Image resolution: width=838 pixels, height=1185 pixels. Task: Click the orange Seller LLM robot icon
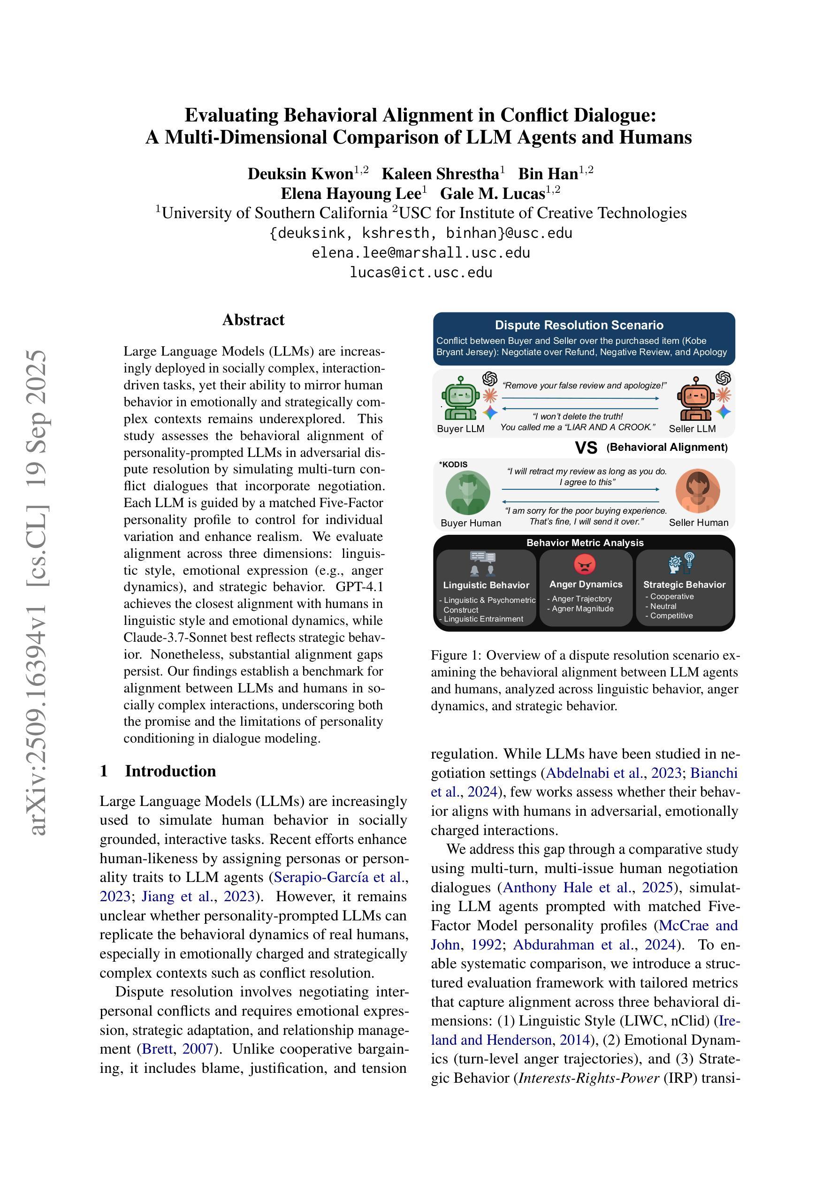pyautogui.click(x=695, y=398)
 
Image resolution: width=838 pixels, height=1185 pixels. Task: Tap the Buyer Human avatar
pyautogui.click(x=468, y=493)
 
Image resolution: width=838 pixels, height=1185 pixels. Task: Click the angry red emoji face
pyautogui.click(x=585, y=564)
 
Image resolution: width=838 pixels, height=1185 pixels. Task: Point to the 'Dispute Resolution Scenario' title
pyautogui.click(x=579, y=325)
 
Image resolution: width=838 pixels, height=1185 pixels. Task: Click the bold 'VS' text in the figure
pyautogui.click(x=586, y=448)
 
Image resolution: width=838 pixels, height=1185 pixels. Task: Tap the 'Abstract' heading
pyautogui.click(x=253, y=320)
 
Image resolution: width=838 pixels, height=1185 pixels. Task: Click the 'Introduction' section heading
pyautogui.click(x=170, y=771)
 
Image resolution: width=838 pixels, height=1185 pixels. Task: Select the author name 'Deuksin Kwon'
pyautogui.click(x=300, y=174)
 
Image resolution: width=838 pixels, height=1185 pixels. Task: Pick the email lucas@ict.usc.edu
pyautogui.click(x=421, y=273)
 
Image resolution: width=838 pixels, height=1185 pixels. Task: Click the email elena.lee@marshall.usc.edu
pyautogui.click(x=421, y=253)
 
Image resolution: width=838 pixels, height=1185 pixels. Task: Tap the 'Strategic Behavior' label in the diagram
pyautogui.click(x=684, y=585)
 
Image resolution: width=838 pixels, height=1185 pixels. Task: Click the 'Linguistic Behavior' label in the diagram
pyautogui.click(x=486, y=585)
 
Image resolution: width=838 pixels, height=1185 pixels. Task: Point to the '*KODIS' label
pyautogui.click(x=453, y=464)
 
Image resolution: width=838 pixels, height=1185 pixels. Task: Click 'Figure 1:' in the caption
pyautogui.click(x=456, y=655)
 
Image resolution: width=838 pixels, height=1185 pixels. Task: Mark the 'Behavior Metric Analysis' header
pyautogui.click(x=585, y=543)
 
